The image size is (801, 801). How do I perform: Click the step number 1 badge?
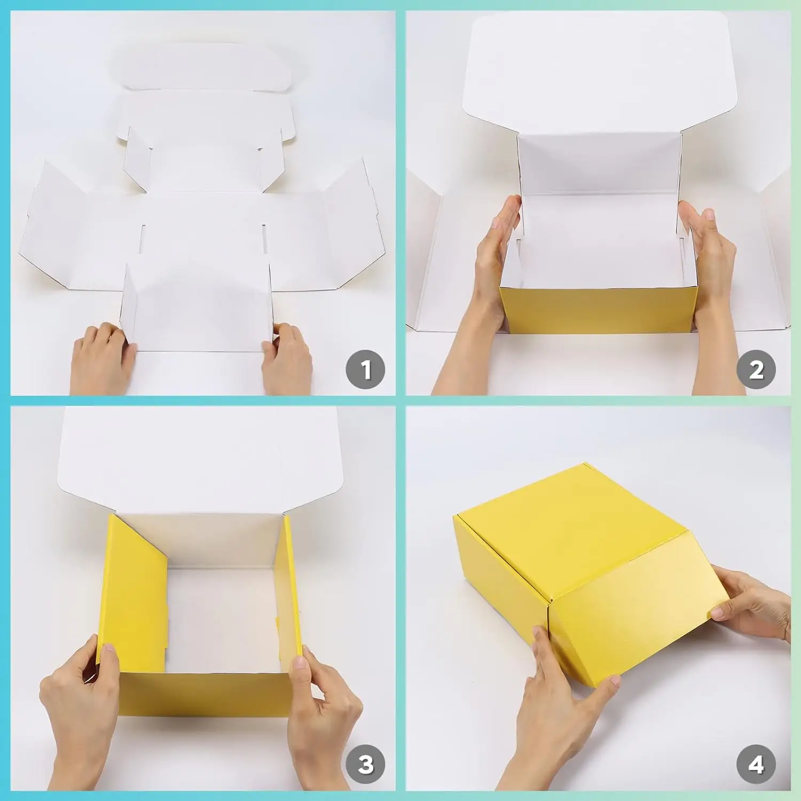pos(365,370)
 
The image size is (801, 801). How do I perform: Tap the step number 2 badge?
pos(756,370)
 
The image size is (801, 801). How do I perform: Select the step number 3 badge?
pos(365,764)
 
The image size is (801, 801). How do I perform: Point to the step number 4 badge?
pos(756,764)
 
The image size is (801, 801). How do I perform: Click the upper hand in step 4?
pos(753,603)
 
